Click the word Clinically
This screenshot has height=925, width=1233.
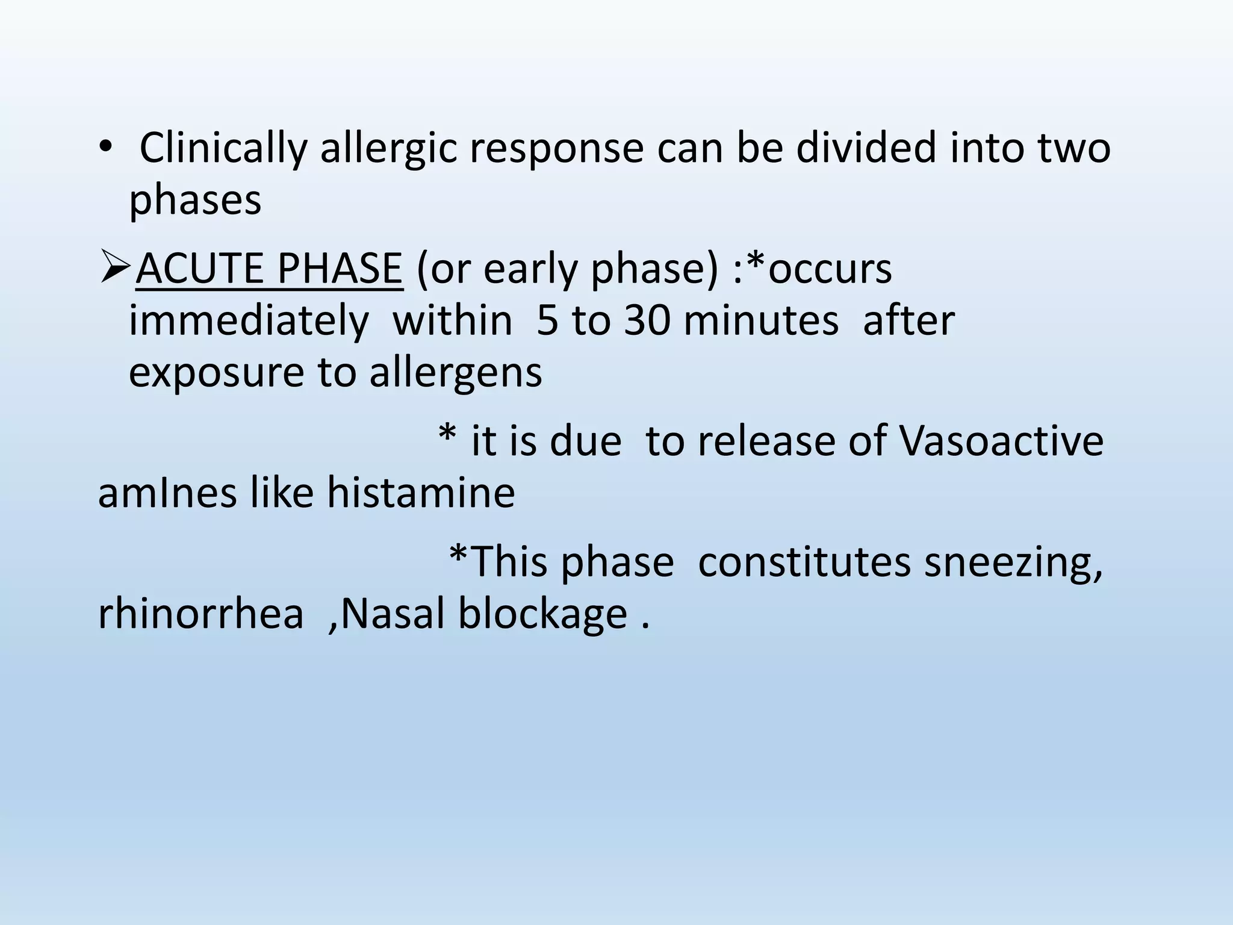(223, 149)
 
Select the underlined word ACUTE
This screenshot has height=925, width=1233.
(199, 269)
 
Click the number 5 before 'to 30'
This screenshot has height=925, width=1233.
(547, 320)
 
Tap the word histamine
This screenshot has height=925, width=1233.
(421, 493)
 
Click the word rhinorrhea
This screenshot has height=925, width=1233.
(200, 614)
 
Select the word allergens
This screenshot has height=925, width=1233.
(456, 373)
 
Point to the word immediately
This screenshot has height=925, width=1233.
(249, 320)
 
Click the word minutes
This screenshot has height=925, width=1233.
(761, 320)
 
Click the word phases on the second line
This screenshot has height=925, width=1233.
(196, 200)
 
